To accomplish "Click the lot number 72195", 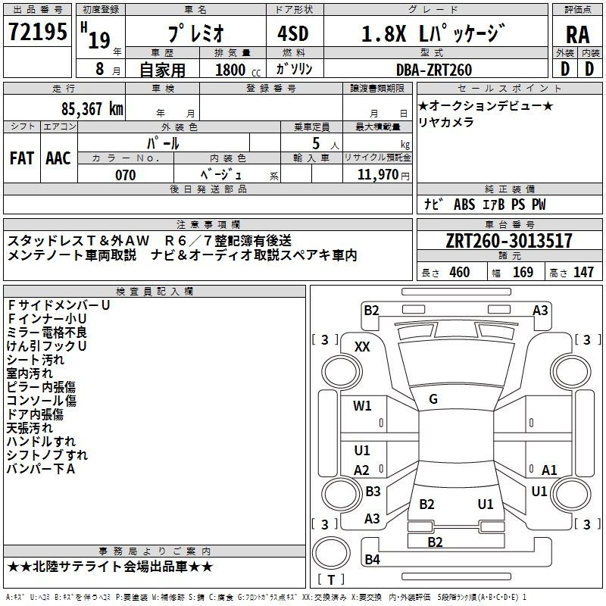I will click(37, 33).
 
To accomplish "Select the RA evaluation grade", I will click(577, 34).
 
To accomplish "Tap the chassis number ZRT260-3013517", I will click(509, 242).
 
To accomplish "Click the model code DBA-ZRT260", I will click(434, 70).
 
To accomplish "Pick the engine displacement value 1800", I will click(231, 70).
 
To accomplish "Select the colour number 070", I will click(125, 175).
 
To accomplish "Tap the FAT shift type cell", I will click(21, 158).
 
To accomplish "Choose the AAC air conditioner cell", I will click(58, 158).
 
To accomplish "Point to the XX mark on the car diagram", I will click(363, 346).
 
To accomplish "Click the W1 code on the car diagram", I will click(363, 406).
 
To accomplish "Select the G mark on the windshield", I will click(433, 399).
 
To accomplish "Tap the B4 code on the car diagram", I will click(372, 560).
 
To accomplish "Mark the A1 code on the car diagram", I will click(549, 470).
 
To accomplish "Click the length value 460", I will click(459, 273).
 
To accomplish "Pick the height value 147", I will click(583, 273).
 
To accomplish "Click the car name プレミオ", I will click(194, 34).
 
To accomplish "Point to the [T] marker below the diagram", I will click(331, 579).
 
